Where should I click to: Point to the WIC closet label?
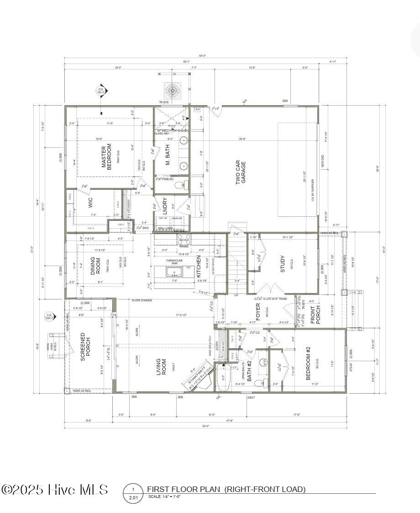[x=90, y=203]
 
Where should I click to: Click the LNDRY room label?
[x=165, y=206]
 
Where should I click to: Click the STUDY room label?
[x=283, y=264]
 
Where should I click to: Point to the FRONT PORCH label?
[x=316, y=315]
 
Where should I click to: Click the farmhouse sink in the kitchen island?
[x=174, y=273]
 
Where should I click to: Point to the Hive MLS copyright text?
[x=55, y=490]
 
